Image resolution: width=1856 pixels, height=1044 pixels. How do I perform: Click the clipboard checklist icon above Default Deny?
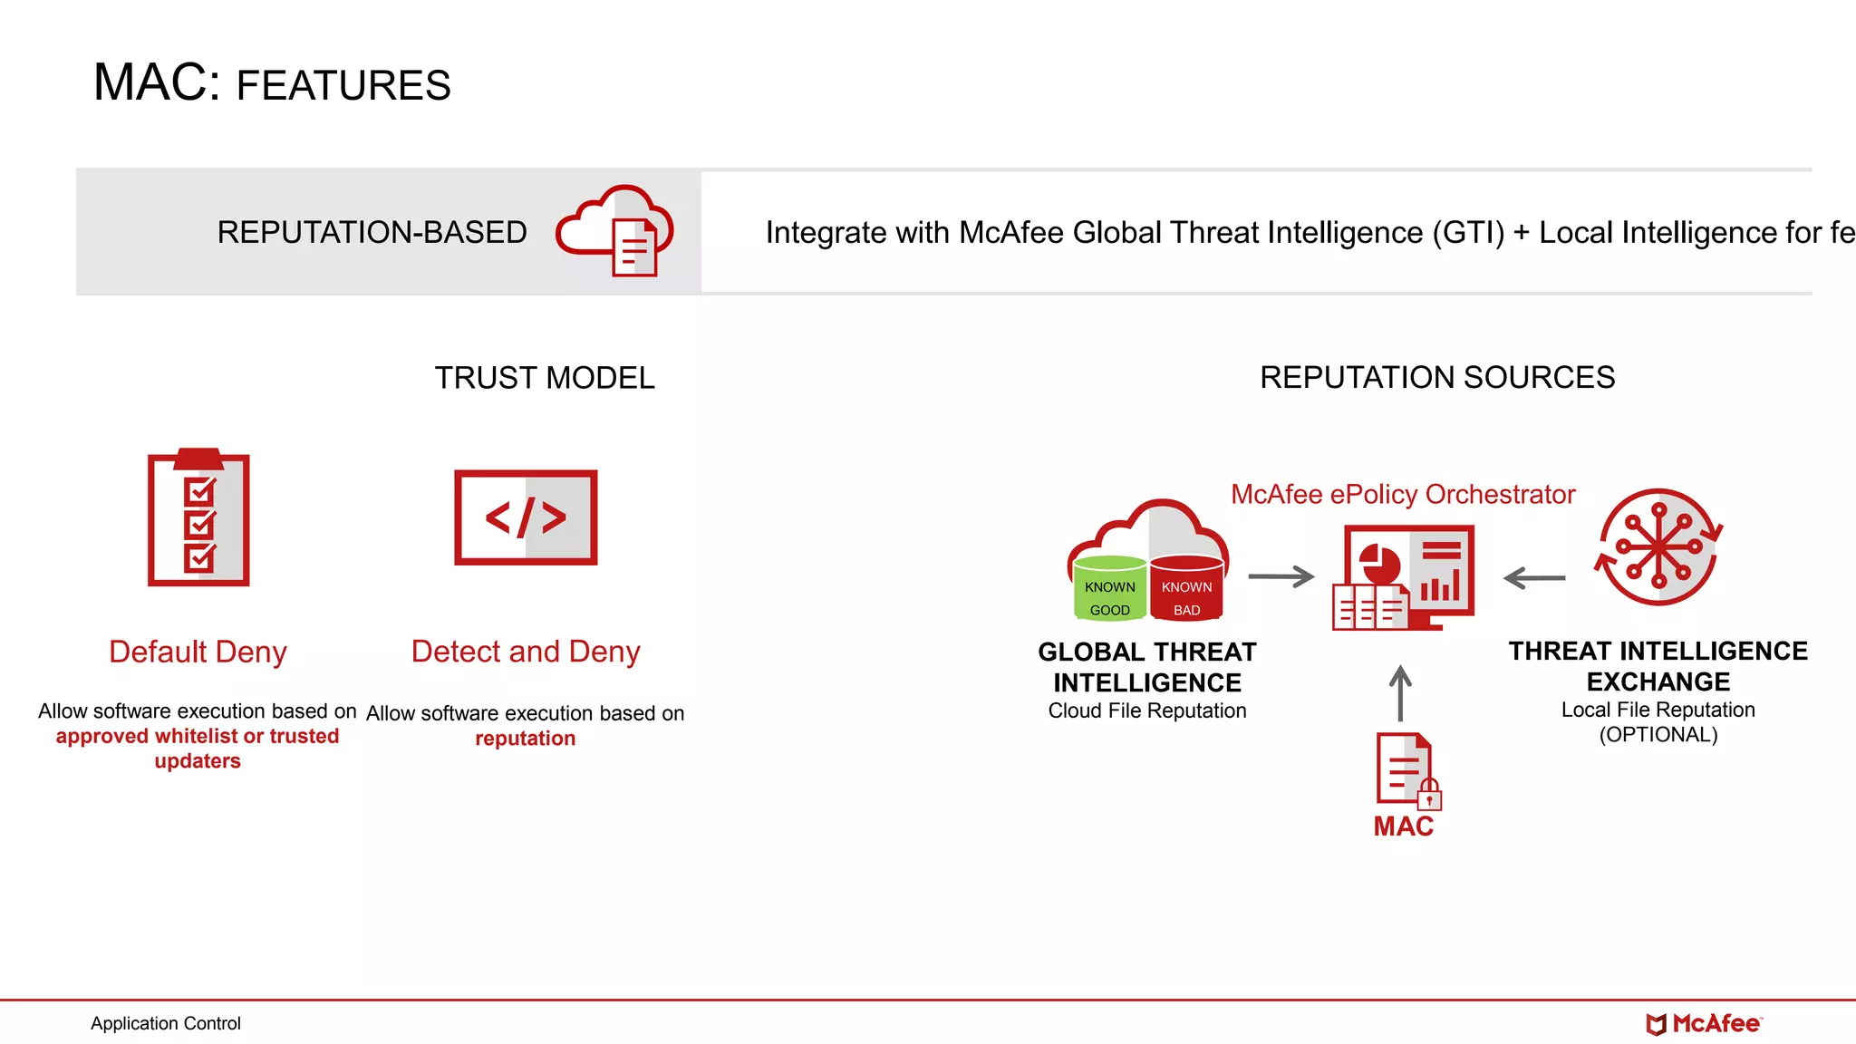click(198, 518)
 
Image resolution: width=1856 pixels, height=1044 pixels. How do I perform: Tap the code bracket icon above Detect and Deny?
click(526, 517)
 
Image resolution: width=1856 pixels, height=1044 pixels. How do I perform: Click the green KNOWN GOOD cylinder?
click(1109, 589)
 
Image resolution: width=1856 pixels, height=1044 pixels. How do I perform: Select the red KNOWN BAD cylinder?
click(1186, 589)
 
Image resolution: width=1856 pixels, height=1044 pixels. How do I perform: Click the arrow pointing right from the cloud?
click(1281, 576)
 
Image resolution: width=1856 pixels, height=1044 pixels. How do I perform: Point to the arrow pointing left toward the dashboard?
click(1534, 577)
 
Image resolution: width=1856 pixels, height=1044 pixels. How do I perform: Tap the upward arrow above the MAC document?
click(1400, 692)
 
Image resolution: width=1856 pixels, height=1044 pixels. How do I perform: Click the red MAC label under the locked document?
click(1403, 826)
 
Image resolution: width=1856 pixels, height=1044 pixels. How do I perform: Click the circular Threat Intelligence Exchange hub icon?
click(1658, 546)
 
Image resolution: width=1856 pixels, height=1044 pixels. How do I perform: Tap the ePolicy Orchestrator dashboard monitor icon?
click(1404, 577)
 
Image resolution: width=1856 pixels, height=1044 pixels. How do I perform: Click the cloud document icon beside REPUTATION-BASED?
click(616, 231)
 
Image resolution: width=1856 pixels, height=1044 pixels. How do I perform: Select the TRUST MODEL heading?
click(544, 378)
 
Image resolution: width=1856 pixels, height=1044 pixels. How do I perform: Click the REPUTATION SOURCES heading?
click(1437, 377)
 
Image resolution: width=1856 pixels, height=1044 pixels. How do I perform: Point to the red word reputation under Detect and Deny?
click(525, 739)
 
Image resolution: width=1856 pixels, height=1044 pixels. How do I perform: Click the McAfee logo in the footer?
click(1704, 1024)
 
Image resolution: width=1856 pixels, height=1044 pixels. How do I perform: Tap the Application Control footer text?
click(166, 1023)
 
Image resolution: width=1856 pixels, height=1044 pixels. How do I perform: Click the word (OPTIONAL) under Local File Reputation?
click(1658, 735)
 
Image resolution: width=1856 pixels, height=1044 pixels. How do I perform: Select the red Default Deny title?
click(198, 652)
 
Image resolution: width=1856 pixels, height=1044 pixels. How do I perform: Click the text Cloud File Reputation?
click(1147, 710)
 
